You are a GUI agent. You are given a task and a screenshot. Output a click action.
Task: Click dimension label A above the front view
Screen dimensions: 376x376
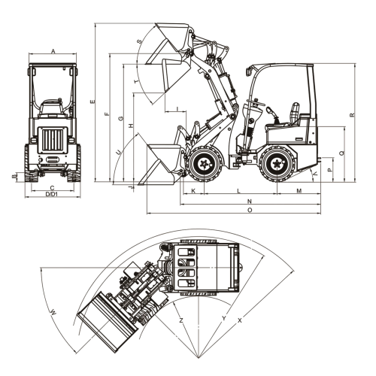point(53,51)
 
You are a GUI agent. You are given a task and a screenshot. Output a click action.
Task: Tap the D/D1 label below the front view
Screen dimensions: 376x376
point(52,194)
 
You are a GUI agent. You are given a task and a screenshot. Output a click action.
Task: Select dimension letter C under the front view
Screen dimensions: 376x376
point(52,188)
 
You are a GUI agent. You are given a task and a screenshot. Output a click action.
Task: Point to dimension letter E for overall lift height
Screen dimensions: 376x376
point(92,102)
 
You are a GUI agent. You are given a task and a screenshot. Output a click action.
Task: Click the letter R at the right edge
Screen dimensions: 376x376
point(352,115)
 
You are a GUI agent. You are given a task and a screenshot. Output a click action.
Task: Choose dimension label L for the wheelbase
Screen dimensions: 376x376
point(239,191)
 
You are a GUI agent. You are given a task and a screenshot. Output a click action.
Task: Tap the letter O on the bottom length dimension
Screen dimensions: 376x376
point(250,210)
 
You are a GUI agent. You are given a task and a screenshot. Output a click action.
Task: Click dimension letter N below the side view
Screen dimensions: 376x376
point(250,202)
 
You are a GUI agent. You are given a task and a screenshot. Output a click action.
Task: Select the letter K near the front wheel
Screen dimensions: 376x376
point(193,191)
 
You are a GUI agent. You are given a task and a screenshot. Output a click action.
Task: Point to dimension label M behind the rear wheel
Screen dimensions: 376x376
point(299,191)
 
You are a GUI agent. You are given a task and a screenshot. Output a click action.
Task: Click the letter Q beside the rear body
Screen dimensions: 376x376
point(342,153)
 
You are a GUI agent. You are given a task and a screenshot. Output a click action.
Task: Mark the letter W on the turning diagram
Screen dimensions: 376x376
point(53,312)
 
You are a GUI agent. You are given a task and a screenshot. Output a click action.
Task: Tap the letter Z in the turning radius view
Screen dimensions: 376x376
point(181,320)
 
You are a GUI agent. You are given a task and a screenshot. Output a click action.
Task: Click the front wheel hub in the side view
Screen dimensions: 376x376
point(205,165)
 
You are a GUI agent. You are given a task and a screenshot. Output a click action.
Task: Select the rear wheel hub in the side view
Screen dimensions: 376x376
point(277,165)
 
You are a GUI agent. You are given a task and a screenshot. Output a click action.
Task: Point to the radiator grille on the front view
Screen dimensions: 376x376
point(53,140)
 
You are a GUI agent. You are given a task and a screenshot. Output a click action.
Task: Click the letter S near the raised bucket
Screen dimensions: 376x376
point(139,41)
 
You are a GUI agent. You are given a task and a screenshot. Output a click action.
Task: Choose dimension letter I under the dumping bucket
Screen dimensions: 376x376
point(177,109)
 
